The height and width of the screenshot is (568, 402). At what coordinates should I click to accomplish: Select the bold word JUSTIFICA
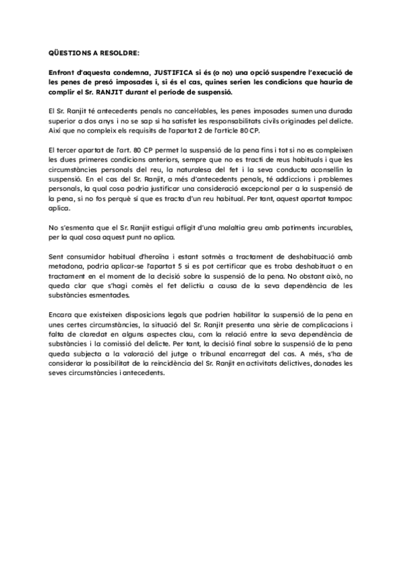(x=176, y=72)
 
